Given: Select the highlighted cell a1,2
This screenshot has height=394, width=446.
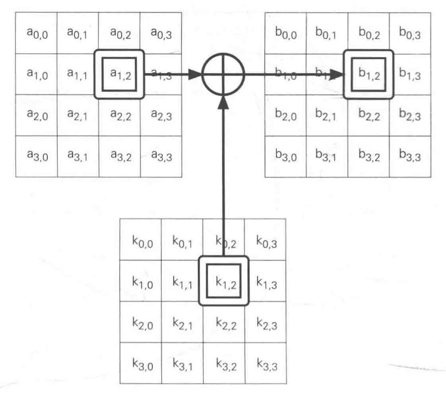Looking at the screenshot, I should (x=119, y=74).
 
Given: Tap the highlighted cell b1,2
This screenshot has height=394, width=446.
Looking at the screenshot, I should (x=368, y=74).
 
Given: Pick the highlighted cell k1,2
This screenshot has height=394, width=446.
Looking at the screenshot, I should (x=223, y=281).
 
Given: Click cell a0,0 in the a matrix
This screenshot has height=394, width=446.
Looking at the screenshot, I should (x=36, y=32).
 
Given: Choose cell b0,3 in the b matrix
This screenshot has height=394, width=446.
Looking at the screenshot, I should (x=410, y=32).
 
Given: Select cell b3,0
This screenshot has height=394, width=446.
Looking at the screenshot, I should (x=286, y=156).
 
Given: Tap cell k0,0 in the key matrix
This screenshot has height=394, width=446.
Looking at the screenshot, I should (x=141, y=240).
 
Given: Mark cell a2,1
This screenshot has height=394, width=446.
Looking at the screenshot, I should (x=78, y=115).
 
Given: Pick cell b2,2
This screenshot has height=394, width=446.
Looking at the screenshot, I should (x=368, y=115).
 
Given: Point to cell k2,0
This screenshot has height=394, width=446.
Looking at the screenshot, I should (x=141, y=323).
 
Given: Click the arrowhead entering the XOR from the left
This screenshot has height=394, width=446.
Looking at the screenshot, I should (x=194, y=75).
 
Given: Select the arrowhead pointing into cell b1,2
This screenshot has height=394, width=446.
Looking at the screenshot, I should (x=338, y=75).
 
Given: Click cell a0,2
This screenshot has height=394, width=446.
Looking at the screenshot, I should (x=119, y=32).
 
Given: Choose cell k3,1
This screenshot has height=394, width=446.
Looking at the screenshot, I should (x=182, y=363).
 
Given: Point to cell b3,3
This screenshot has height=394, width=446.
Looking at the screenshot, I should (x=410, y=156).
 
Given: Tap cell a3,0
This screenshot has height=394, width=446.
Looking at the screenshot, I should (x=36, y=156).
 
